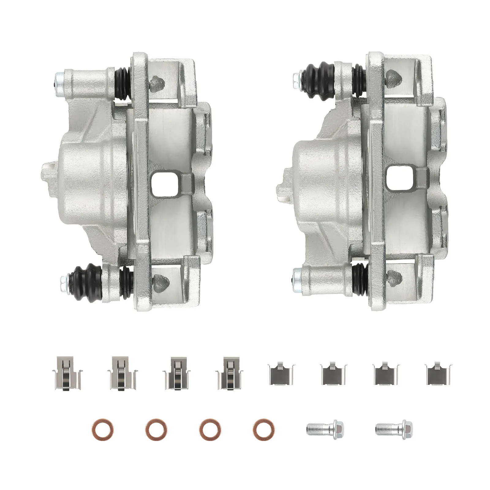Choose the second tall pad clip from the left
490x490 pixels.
click(122, 372)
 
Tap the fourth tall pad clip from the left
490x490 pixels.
click(230, 372)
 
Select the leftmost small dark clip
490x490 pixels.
click(281, 374)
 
